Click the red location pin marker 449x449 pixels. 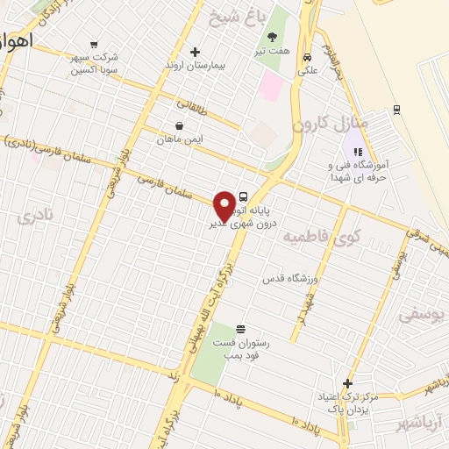[x=224, y=204]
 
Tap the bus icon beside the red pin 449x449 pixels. [x=243, y=196]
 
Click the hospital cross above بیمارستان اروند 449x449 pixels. [x=195, y=51]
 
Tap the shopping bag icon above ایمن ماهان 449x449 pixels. [x=179, y=125]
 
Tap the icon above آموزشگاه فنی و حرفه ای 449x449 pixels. [x=357, y=152]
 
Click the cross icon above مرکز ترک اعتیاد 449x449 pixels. [x=348, y=383]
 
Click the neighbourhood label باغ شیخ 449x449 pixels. [x=232, y=17]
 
